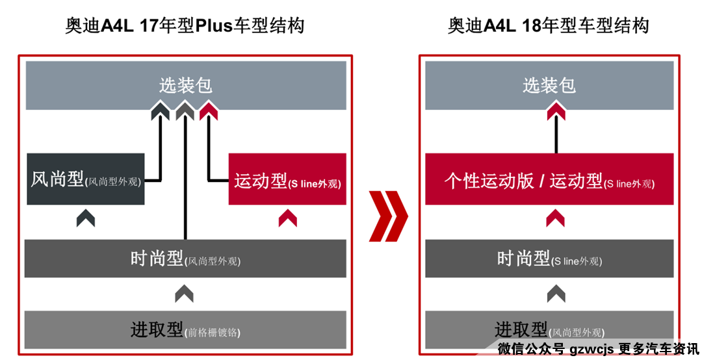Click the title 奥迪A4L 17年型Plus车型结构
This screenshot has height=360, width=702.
[x=185, y=26]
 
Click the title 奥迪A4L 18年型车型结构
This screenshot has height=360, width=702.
[x=548, y=26]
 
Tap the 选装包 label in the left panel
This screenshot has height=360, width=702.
[x=185, y=86]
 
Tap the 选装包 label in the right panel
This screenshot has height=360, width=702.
[x=549, y=86]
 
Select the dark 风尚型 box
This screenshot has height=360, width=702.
[x=85, y=179]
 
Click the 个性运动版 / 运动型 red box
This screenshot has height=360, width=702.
[x=549, y=180]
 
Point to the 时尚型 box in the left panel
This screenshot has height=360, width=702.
[x=185, y=259]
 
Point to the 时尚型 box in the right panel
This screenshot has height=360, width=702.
[x=549, y=259]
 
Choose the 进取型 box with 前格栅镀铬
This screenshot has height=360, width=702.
[x=185, y=329]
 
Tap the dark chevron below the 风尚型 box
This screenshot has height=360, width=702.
[x=85, y=218]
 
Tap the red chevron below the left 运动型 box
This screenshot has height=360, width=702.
[x=287, y=218]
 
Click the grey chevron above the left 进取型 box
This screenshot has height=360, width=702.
[x=185, y=294]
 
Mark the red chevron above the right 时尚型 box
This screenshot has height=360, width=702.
[x=556, y=218]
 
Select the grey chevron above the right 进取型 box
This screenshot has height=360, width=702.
[x=556, y=294]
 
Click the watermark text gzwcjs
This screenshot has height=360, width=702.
[x=591, y=348]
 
